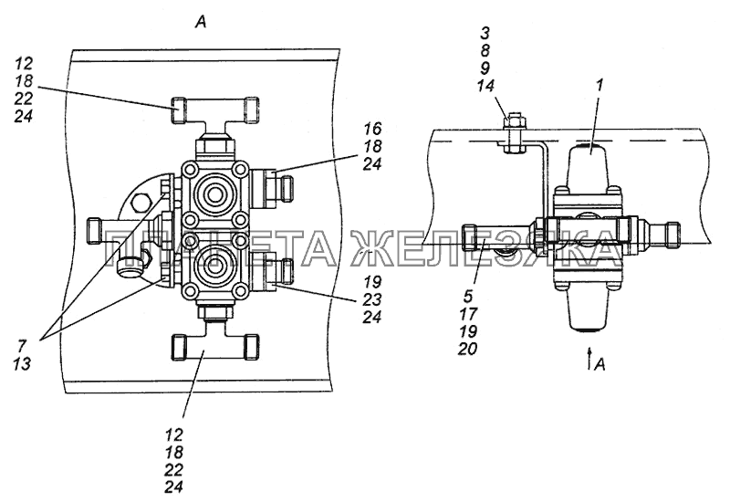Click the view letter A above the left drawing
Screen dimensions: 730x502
point(200,22)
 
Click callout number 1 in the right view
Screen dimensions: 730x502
point(600,85)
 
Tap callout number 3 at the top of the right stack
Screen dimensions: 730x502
point(485,33)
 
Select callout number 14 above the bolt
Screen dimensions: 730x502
point(485,86)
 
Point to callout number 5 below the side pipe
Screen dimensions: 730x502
point(467,295)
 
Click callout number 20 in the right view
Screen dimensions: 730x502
point(467,349)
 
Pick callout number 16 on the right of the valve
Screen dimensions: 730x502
point(372,129)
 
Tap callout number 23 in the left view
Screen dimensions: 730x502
point(372,299)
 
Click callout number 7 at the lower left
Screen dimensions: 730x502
point(22,346)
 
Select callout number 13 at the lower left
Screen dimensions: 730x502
point(22,363)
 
